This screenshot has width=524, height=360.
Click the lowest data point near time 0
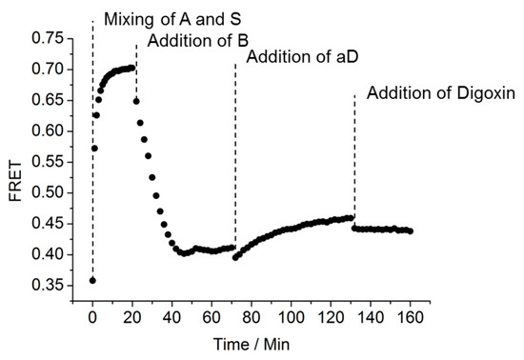pos(92,280)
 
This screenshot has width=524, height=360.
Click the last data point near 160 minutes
pos(410,231)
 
